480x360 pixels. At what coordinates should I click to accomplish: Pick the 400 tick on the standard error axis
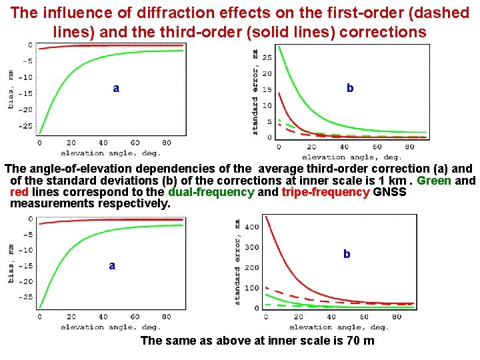[251, 227]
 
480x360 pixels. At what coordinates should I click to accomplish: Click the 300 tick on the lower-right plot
[251, 247]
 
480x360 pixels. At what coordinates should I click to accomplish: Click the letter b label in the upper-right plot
[350, 88]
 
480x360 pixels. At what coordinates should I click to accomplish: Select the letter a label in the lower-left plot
[112, 265]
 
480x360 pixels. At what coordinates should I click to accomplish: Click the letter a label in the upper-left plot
[116, 88]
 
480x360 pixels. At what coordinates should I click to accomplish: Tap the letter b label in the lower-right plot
[346, 254]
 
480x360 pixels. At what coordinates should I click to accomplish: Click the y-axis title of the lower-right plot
[237, 263]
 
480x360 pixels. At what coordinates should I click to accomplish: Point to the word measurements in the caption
[51, 203]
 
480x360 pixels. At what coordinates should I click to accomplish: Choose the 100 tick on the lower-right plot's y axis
[251, 288]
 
